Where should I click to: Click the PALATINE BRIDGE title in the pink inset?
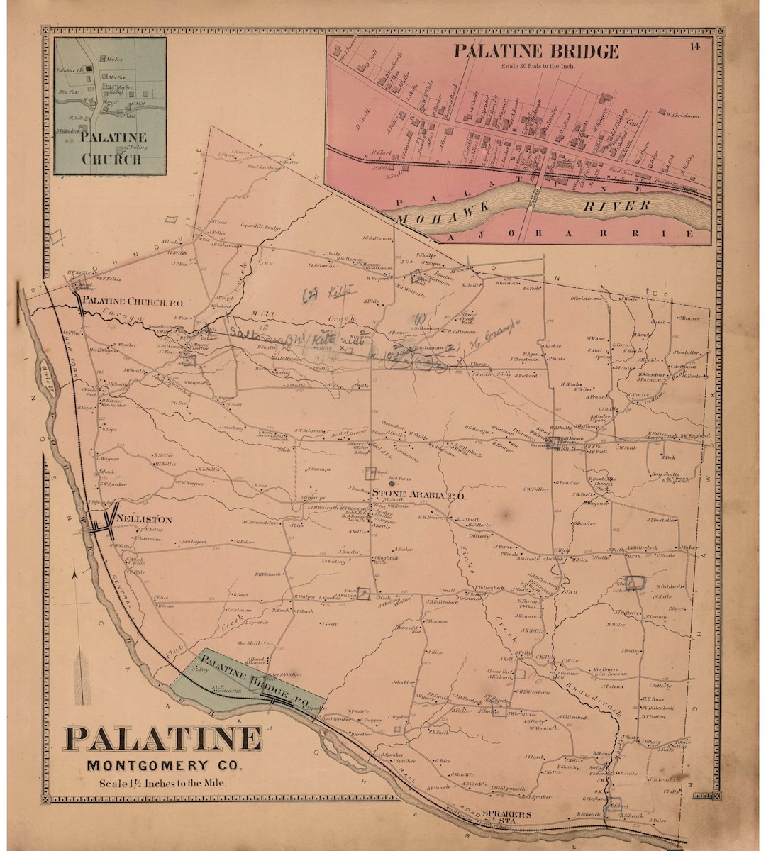pyautogui.click(x=536, y=51)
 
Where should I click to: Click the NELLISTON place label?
pyautogui.click(x=143, y=519)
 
